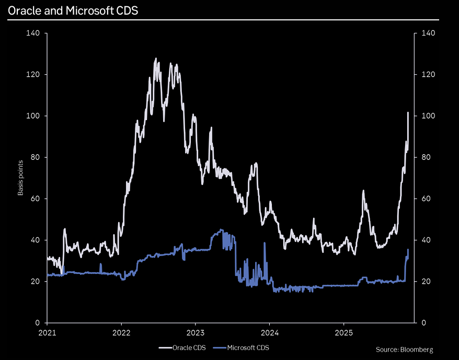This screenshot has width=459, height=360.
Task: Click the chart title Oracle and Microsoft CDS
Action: pos(73,10)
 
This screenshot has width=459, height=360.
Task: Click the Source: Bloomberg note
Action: pos(404,349)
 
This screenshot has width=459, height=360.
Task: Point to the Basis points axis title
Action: pos(21,178)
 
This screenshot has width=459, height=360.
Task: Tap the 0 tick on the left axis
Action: pos(38,323)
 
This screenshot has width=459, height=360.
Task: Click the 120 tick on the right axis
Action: pos(428,75)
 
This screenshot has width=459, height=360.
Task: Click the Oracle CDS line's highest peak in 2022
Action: pos(156,59)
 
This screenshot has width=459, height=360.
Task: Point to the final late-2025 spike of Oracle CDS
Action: pos(408,112)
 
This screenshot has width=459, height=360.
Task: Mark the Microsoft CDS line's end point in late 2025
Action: pos(408,250)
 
